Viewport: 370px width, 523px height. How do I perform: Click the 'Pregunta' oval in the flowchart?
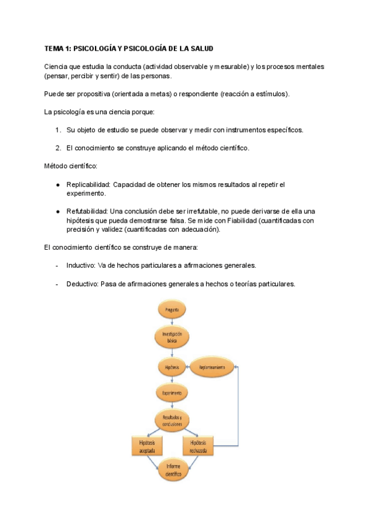[x=171, y=309]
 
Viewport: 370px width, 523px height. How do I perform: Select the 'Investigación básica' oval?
[x=171, y=337]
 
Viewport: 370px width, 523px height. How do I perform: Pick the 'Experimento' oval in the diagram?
[x=171, y=392]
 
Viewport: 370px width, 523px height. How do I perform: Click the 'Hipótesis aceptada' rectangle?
[x=147, y=447]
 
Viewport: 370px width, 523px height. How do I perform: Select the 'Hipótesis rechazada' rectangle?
[x=198, y=447]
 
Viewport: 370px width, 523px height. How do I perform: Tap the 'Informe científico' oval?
[x=171, y=471]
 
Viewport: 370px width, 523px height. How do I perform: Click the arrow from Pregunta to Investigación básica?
[x=171, y=322]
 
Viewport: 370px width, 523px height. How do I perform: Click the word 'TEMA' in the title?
[x=54, y=48]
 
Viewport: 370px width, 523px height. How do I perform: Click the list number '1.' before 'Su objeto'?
[x=57, y=130]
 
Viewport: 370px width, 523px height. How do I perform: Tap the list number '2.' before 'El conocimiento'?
[x=57, y=148]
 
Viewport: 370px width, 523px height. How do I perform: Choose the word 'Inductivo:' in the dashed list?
[x=83, y=266]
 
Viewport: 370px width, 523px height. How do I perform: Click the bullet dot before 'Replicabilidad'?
[x=57, y=184]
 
